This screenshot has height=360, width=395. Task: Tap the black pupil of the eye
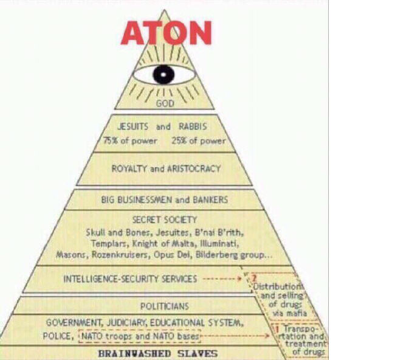(163, 75)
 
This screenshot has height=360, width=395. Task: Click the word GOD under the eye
(165, 104)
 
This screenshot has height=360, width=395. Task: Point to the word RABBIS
(193, 127)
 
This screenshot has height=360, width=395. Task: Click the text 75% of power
(130, 141)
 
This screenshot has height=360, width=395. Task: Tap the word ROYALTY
(129, 168)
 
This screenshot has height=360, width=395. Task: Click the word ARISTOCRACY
(193, 168)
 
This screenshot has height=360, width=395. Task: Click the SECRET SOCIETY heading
(165, 220)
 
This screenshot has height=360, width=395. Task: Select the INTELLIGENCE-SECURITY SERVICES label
(130, 279)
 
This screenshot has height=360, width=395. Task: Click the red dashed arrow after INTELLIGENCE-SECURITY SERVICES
(222, 279)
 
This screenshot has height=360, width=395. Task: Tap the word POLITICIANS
(164, 306)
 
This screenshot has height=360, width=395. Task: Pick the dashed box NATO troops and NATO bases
(139, 336)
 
